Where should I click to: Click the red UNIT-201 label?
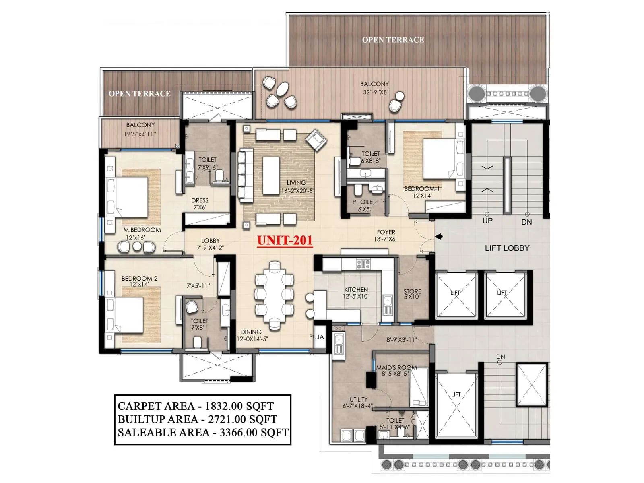click(x=285, y=240)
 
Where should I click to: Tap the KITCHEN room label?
click(x=356, y=293)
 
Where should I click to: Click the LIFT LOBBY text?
click(x=507, y=248)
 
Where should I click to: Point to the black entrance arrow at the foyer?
click(x=439, y=237)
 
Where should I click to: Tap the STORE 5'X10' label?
click(x=412, y=294)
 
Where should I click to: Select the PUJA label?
click(x=316, y=337)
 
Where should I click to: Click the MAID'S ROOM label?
click(x=396, y=370)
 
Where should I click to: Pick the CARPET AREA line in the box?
click(x=196, y=406)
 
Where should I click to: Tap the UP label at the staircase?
click(x=487, y=221)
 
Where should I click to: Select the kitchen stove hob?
click(x=363, y=264)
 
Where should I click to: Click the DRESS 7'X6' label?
click(x=200, y=204)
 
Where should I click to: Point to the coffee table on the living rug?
click(x=271, y=175)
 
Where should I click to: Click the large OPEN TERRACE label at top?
click(x=393, y=40)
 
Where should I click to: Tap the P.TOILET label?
click(x=364, y=205)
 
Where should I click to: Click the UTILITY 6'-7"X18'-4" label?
click(x=358, y=402)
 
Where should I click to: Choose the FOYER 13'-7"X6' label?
click(x=386, y=235)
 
